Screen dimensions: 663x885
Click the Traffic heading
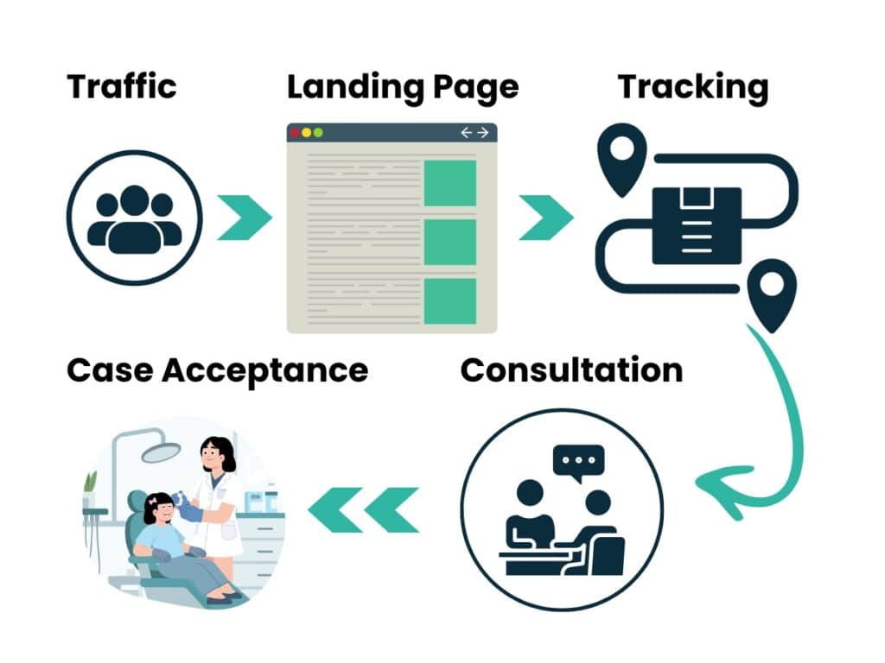pos(121,86)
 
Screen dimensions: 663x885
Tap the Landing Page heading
pos(403,87)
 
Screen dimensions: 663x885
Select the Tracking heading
pos(692,87)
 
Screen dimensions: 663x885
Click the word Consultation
pos(571,370)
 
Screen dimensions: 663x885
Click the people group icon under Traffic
pos(134,218)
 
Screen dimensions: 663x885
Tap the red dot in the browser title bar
pos(296,133)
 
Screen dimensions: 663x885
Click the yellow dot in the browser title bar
pos(307,133)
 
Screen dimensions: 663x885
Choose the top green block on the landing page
pos(449,183)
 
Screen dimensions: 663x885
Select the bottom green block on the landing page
pos(449,300)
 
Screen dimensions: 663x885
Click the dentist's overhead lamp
pos(161,451)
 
